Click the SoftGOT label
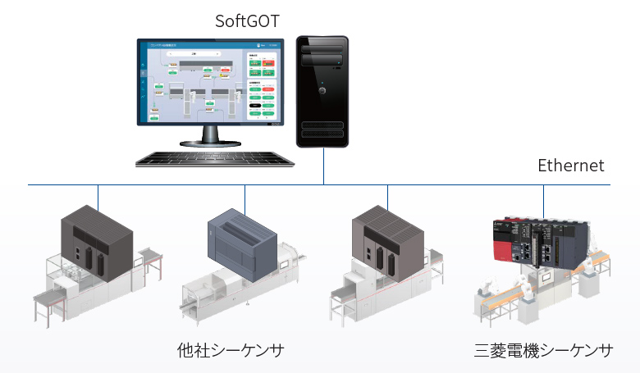point(247,20)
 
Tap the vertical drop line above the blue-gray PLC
point(245,197)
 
